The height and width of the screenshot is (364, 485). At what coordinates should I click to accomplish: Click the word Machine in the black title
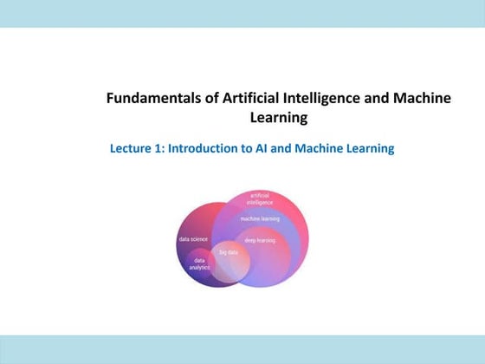point(425,99)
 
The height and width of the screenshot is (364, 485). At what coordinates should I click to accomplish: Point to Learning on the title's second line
point(279,118)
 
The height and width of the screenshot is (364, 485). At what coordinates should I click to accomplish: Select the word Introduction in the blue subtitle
point(204,148)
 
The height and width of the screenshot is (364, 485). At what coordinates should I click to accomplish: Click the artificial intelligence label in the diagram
point(259,199)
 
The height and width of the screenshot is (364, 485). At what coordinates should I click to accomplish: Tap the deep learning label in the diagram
point(260,240)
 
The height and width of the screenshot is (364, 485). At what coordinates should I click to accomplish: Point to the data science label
point(193,238)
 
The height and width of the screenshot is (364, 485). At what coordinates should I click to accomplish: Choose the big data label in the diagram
point(228,251)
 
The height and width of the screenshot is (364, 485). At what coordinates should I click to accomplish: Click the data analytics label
point(200,263)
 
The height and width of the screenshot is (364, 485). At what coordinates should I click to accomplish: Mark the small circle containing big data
point(231,263)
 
